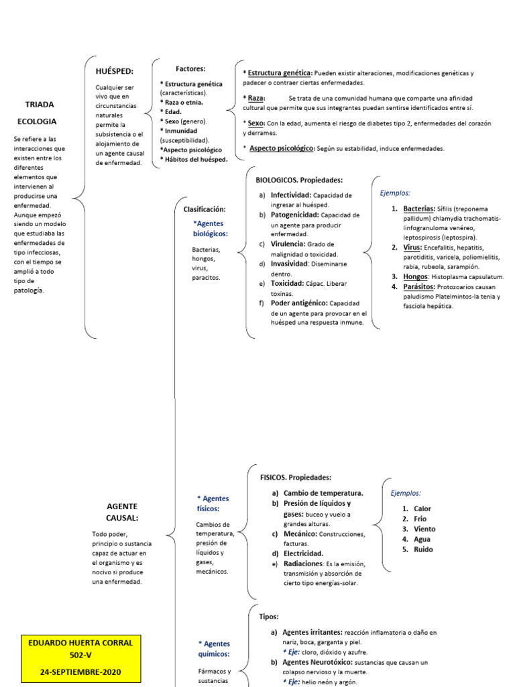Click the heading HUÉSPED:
[x=115, y=71]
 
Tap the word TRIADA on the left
[x=40, y=105]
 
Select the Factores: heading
[x=190, y=68]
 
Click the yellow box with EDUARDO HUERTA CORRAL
[x=80, y=657]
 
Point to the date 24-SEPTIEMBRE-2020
[x=80, y=671]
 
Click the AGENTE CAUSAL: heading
[x=122, y=512]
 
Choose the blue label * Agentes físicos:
[x=213, y=504]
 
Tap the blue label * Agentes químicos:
[x=215, y=648]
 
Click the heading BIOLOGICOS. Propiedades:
[x=299, y=180]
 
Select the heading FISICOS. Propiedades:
[x=296, y=478]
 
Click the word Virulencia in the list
[x=288, y=244]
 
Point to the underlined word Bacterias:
[x=419, y=209]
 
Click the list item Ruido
[x=423, y=549]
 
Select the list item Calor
[x=422, y=509]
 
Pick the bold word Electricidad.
[x=303, y=553]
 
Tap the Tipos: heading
[x=269, y=616]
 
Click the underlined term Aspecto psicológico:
[x=282, y=148]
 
